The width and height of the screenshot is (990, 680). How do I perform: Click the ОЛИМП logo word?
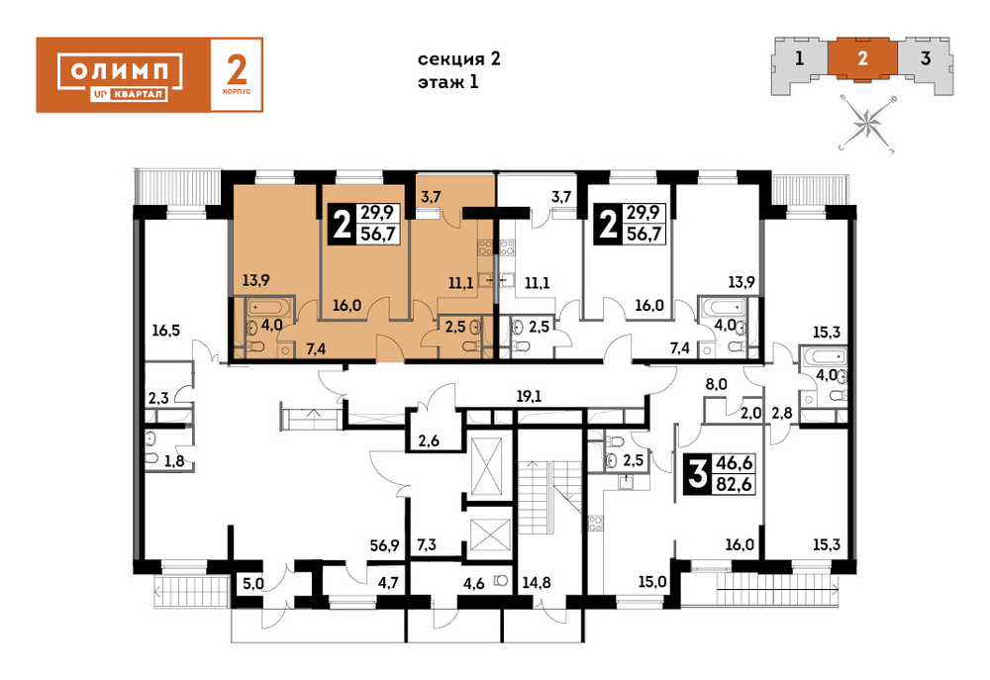121,70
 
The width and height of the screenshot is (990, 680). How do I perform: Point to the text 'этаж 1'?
448,82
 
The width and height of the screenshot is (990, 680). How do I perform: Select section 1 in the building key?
799,58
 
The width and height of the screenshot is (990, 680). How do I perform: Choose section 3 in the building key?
926,58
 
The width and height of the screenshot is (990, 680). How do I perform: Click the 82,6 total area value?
734,484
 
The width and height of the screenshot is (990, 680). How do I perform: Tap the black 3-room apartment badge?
697,473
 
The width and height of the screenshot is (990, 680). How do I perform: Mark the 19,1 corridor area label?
529,397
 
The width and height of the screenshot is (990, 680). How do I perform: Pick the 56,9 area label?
384,544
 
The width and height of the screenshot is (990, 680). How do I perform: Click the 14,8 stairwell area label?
536,581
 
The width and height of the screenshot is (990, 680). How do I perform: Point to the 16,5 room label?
165,330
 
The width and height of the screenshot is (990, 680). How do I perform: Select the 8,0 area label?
717,384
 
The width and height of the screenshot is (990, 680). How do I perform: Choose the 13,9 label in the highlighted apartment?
255,280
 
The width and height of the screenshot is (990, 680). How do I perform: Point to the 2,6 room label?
429,440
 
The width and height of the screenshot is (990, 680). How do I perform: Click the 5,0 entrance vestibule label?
253,583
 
